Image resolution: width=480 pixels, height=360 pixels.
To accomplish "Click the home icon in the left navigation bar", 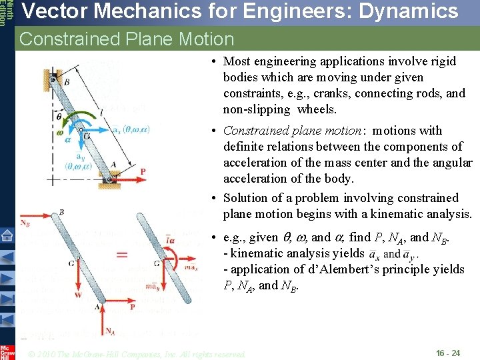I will [x=7, y=235].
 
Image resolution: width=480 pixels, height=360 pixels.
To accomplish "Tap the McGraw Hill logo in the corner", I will [x=7, y=351].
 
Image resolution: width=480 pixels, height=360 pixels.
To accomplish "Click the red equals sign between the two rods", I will [x=122, y=255].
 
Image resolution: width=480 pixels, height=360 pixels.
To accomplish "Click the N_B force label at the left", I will [x=25, y=223].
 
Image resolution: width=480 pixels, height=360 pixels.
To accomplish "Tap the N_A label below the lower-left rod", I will [x=111, y=331].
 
